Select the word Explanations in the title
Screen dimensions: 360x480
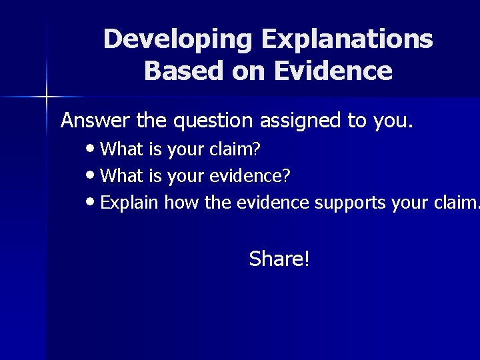[x=347, y=39]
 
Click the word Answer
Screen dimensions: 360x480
[x=95, y=121]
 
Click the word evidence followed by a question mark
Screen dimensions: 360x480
[x=250, y=176]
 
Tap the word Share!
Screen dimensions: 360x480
[x=279, y=259]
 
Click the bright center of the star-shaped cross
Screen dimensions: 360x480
[x=47, y=97]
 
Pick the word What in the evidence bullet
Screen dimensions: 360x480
[x=121, y=176]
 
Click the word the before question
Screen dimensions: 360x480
[x=152, y=121]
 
